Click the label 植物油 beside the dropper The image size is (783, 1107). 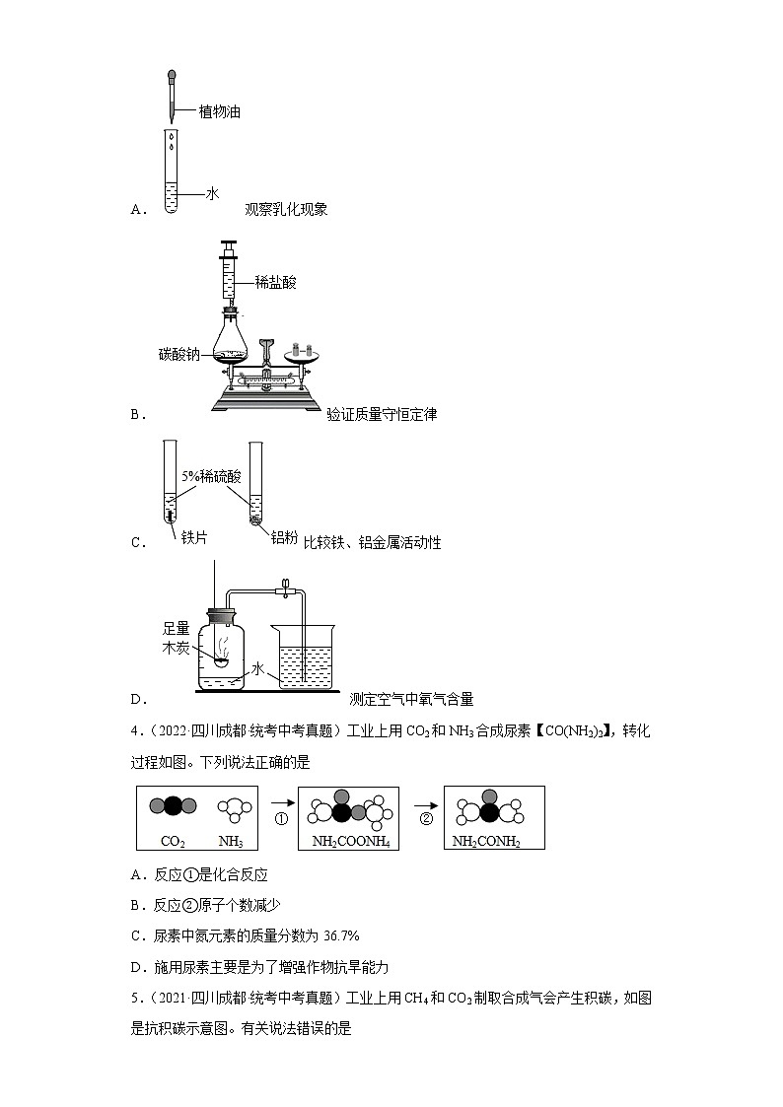coord(220,112)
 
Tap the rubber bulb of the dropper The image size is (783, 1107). coord(172,74)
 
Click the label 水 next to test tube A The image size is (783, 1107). coord(211,194)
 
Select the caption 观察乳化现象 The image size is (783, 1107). coord(286,209)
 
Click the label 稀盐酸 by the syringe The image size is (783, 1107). coord(275,282)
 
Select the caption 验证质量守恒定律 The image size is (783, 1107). coord(382,415)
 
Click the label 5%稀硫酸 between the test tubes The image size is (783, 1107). coord(211,476)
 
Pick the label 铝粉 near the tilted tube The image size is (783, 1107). coord(284,537)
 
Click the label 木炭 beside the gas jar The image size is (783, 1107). coord(176,648)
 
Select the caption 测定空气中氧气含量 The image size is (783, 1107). coord(411,699)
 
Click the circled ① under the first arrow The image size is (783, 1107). coord(280,819)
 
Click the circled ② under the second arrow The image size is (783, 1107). coord(426,819)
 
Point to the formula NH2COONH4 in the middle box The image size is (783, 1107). coord(348,842)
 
